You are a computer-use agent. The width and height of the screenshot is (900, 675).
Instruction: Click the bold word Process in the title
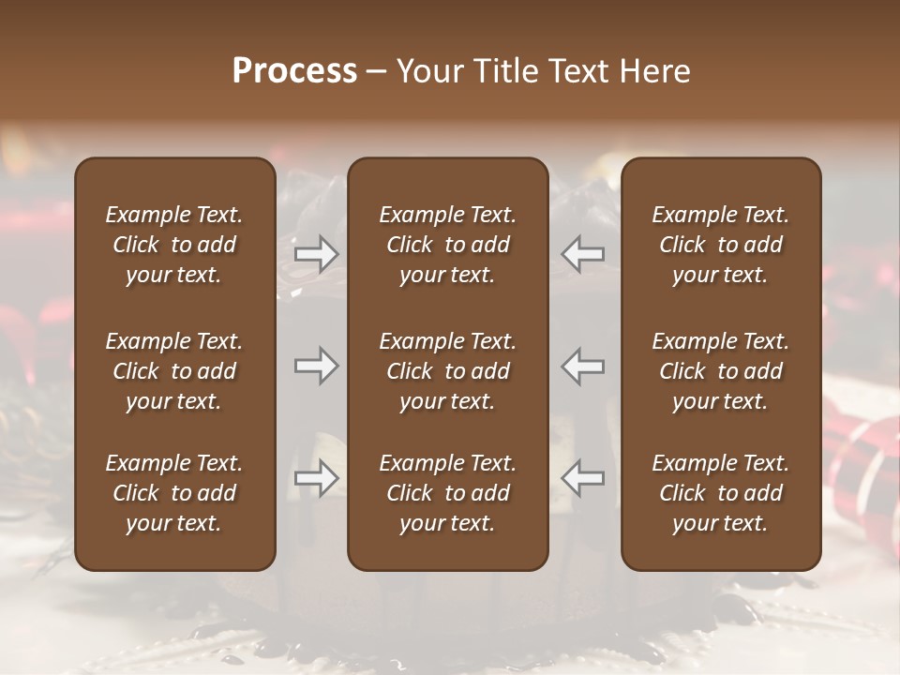coord(294,71)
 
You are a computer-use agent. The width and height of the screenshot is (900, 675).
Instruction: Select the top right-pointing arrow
coord(316,254)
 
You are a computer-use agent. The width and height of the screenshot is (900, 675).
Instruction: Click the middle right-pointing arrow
coord(316,367)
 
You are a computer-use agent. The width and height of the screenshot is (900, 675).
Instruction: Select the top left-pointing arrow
coord(583,254)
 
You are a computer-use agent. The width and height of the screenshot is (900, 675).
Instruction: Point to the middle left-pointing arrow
coord(583,367)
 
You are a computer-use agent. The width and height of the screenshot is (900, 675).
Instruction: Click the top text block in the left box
coord(174,245)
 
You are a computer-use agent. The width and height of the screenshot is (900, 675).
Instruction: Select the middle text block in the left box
coord(174,371)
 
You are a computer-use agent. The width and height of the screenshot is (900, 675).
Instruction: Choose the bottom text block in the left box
coord(174,493)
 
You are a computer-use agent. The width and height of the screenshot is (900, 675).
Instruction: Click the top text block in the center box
coord(447,245)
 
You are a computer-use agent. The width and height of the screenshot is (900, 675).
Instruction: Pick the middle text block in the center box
coord(447,371)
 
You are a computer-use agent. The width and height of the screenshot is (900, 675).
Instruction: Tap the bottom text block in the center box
coord(447,493)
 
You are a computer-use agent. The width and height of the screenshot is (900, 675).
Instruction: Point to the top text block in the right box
coord(720,245)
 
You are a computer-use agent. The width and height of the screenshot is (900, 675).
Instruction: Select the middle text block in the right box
coord(720,371)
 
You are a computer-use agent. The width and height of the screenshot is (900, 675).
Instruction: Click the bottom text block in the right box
coord(720,493)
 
